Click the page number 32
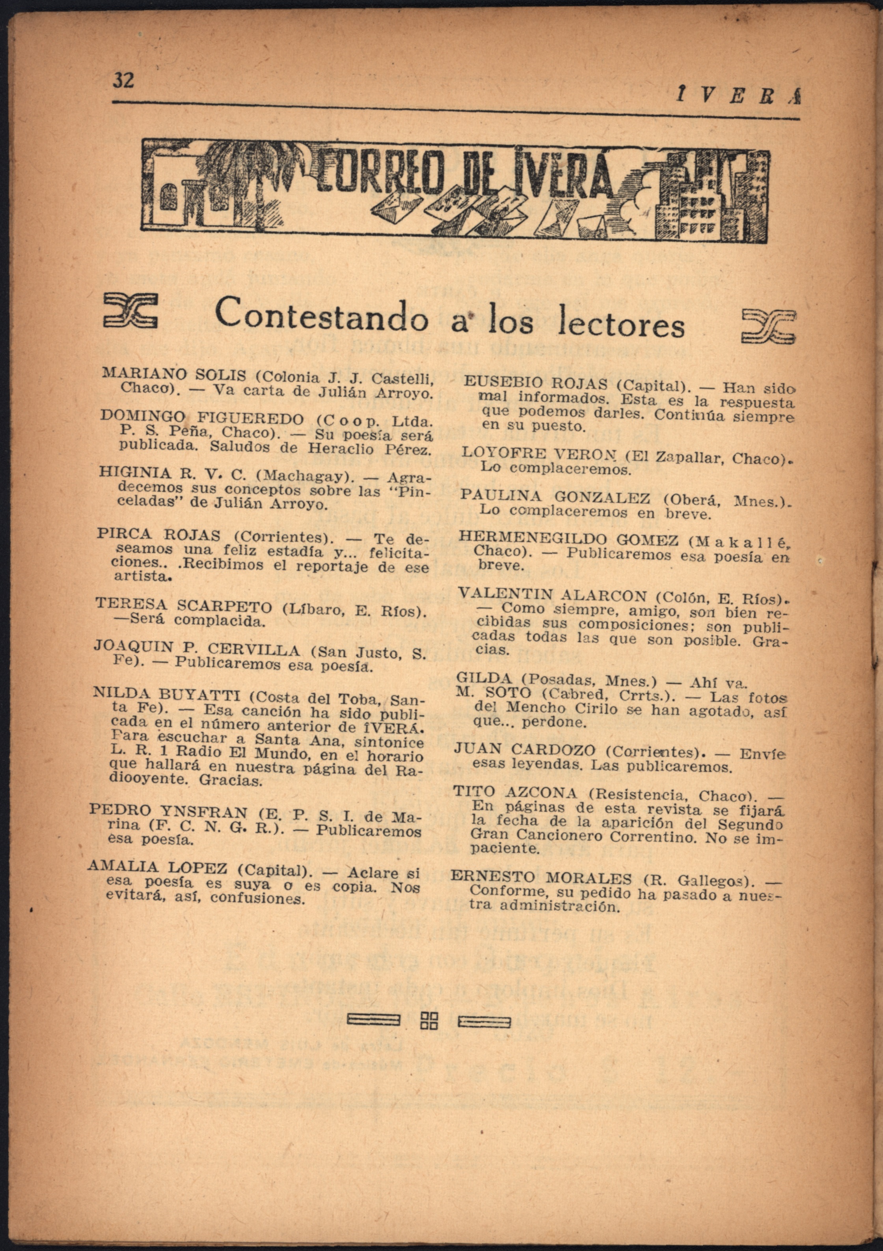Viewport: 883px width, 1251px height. tap(123, 81)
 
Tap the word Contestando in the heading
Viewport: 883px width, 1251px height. tap(321, 315)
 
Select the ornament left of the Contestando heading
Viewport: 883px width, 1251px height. tap(130, 311)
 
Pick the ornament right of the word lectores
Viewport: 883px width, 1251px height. tap(769, 326)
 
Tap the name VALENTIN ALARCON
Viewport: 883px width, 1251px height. tap(553, 594)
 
